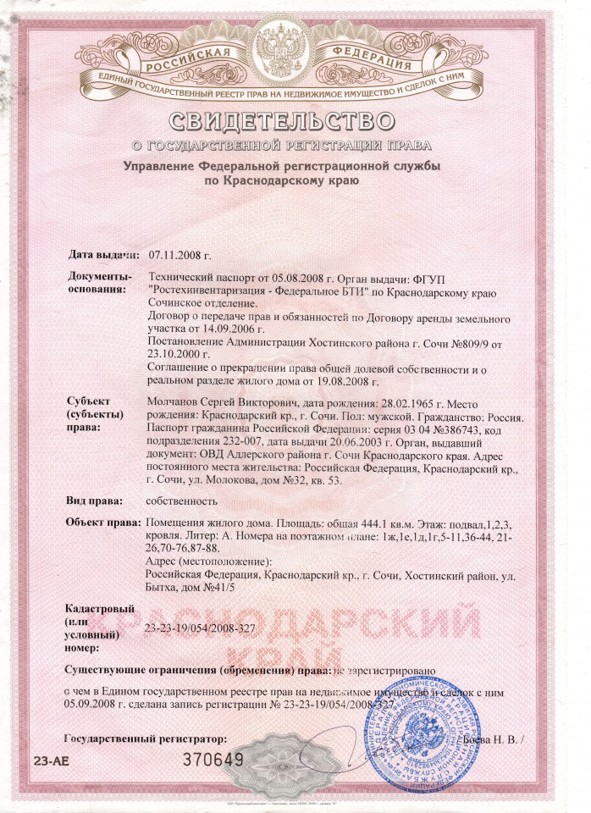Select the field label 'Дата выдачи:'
point(102,254)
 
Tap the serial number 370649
point(214,759)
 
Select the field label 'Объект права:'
point(102,523)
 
